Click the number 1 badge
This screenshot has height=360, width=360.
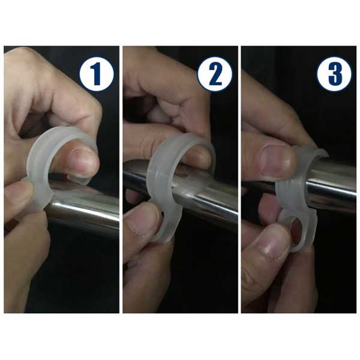pos(97,74)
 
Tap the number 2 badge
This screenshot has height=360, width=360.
pos(215,74)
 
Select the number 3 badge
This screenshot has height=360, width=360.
pos(334,74)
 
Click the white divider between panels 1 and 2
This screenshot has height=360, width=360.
pos(121,179)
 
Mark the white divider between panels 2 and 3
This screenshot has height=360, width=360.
pos(239,179)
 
